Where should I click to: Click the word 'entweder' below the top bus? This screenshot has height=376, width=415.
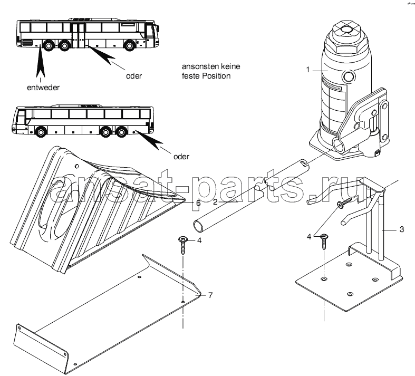pos(42,86)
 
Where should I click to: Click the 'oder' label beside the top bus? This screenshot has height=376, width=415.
pos(134,75)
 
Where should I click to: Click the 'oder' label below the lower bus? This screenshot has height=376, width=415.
pos(180,157)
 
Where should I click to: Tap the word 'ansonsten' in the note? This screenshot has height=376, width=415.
pos(199,68)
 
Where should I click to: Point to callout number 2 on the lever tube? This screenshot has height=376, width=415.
pos(216,201)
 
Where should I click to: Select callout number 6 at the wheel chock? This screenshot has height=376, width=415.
pos(198,202)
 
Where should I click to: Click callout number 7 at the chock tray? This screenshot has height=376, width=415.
pos(210,294)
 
